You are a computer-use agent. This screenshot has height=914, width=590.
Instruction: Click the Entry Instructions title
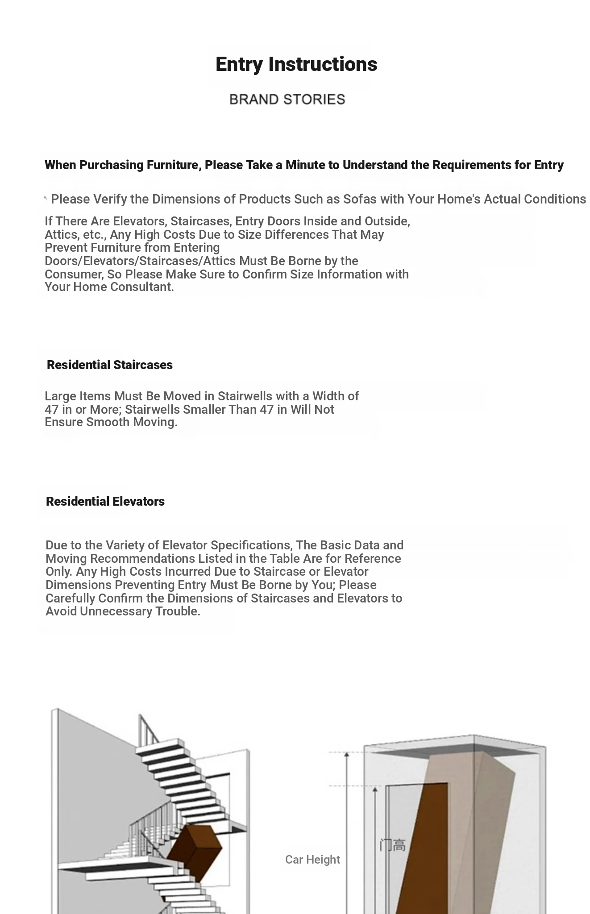pos(296,64)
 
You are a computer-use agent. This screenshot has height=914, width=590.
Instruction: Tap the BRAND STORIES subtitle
pos(287,99)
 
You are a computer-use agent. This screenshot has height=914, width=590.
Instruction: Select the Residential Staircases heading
pos(109,365)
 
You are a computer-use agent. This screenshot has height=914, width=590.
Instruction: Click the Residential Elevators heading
pos(105,501)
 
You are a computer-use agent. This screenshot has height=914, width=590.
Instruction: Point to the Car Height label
pos(312,859)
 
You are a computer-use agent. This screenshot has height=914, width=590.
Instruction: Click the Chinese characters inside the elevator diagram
pos(392,845)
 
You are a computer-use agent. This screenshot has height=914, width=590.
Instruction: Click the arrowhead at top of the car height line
pos(346,755)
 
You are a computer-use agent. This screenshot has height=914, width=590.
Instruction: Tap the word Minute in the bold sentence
pos(305,165)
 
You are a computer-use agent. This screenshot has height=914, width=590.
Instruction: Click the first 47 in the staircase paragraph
pos(52,409)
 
